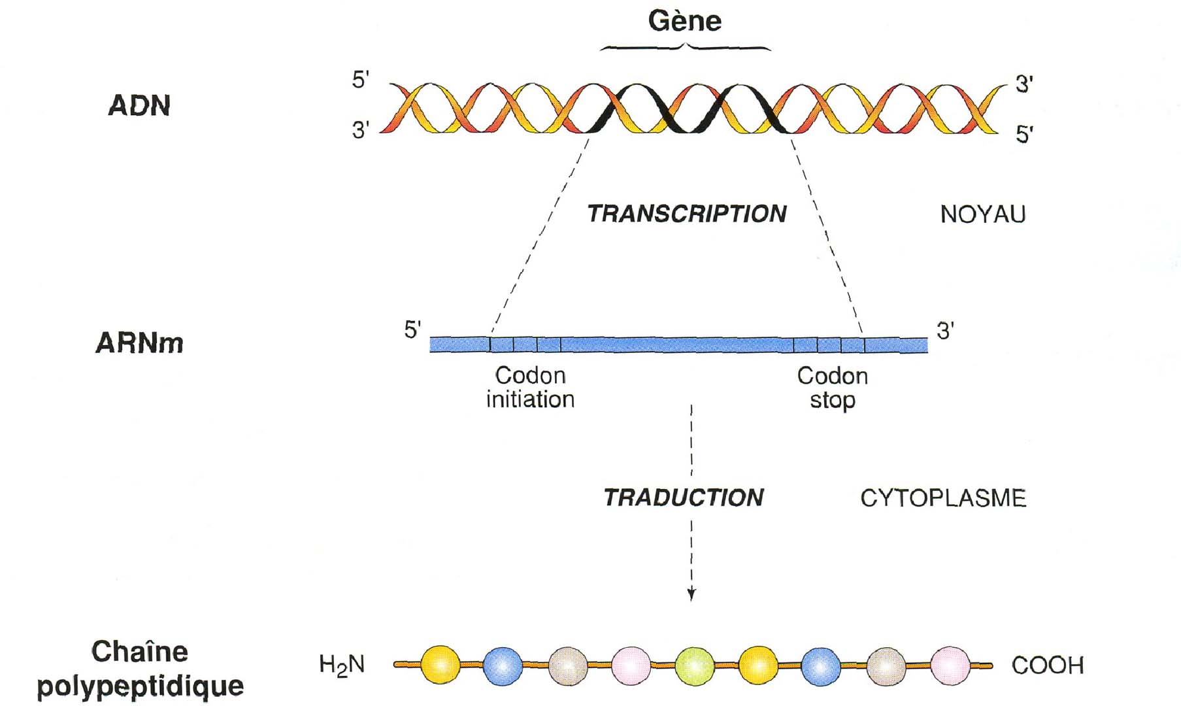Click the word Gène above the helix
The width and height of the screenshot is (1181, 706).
coord(684,21)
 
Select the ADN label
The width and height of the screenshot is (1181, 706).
coord(139,106)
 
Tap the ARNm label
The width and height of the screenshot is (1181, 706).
coord(139,343)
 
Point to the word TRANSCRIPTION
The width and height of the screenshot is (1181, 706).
coord(686,214)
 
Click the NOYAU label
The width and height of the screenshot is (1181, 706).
coord(982,214)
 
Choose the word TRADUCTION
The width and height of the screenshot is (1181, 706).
coord(683,497)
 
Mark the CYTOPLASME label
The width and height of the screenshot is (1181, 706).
coord(942,498)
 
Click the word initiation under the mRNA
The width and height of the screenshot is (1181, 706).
coord(530,399)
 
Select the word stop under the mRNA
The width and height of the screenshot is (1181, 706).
coord(832,400)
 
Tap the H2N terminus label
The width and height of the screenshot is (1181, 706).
coord(341,665)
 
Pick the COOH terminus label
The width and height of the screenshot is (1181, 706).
coord(1047,665)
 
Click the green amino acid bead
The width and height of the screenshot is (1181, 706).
coord(694,665)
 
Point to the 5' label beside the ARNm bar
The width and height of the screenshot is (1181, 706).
coord(412,329)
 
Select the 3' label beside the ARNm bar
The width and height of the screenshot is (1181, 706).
coord(945,331)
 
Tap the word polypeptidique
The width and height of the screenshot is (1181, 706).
coord(140,686)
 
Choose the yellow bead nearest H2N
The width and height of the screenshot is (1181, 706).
coord(441,665)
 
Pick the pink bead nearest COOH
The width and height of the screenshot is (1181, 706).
coord(950,665)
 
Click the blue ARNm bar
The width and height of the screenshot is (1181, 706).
coord(678,345)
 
